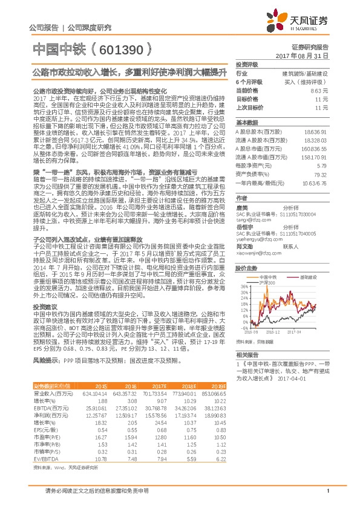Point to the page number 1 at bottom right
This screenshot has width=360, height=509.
327,491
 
